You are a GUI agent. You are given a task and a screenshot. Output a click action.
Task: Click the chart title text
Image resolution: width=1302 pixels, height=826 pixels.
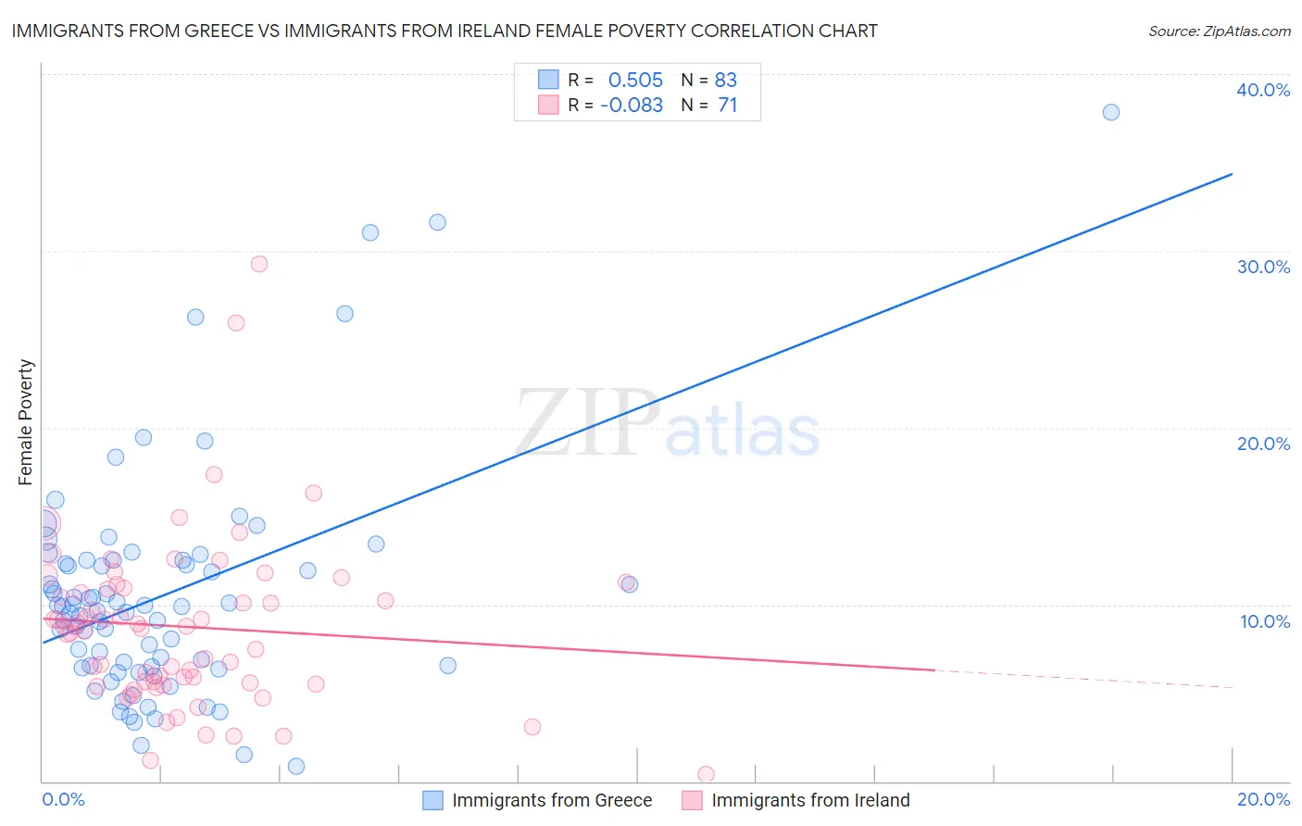(444, 31)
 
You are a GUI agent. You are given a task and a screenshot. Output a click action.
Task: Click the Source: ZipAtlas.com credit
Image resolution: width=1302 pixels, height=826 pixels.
(1219, 31)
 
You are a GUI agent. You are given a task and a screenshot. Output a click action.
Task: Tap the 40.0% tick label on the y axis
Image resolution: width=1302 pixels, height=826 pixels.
(1263, 90)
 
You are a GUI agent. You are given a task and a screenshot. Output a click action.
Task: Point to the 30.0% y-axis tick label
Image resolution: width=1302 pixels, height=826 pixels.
(1263, 267)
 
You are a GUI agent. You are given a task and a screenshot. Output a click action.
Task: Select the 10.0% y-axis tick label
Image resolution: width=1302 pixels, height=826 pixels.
(1265, 620)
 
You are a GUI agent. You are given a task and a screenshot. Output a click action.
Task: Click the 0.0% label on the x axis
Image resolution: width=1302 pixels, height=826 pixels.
(63, 799)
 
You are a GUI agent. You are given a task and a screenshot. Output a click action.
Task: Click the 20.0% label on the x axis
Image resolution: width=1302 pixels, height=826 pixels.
(1263, 799)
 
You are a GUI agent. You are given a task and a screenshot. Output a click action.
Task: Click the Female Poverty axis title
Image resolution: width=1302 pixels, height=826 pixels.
(26, 422)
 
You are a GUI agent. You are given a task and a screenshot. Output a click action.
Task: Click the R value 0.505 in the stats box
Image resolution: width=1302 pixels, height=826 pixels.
(635, 81)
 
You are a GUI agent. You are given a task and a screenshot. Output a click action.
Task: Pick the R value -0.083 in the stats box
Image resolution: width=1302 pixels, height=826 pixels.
(632, 106)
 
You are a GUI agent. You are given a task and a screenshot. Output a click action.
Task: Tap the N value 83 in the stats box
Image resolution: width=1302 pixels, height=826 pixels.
(726, 81)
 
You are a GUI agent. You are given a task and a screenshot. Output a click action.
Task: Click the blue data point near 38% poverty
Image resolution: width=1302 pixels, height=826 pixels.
(1111, 112)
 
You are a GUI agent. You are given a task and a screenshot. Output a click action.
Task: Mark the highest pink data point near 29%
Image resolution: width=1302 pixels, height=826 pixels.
(259, 264)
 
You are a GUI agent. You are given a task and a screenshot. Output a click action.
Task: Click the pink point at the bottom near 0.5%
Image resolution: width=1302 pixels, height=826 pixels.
(706, 774)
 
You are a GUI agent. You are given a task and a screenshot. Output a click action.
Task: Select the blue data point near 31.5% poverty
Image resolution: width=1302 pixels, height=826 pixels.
(437, 222)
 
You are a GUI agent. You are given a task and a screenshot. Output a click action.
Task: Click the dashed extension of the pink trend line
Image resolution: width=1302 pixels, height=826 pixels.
(1083, 679)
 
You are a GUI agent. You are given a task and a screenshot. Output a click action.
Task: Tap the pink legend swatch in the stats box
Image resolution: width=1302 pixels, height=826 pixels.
(548, 105)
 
